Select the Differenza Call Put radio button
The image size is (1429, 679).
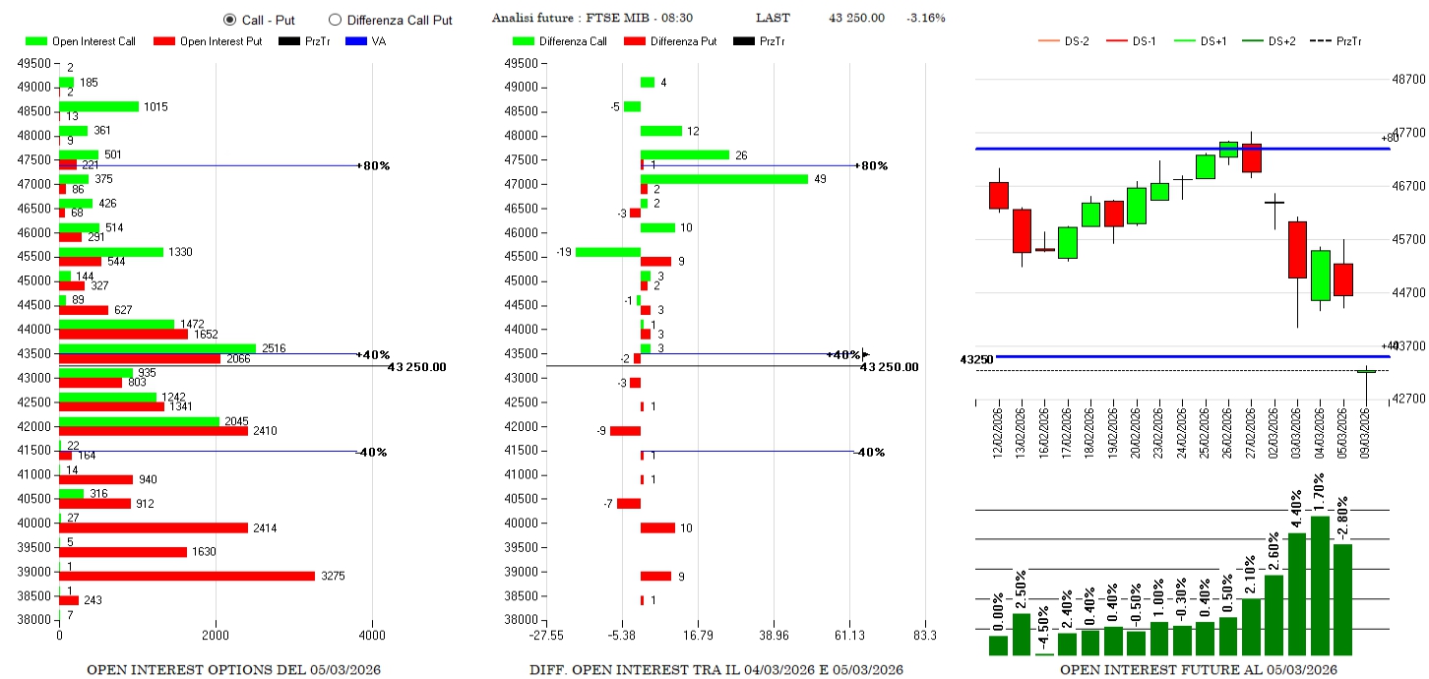pos(335,20)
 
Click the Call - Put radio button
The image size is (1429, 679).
pos(229,20)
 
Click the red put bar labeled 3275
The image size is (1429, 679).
pos(187,576)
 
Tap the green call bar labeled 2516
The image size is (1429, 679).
pos(157,348)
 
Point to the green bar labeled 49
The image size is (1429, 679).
pos(724,179)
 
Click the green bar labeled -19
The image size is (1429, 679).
pos(608,252)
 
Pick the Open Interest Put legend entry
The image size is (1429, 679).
pos(206,41)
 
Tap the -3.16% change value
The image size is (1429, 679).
pos(926,19)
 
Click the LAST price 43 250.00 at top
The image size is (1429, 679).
pos(856,19)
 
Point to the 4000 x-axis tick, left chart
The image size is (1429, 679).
pos(373,636)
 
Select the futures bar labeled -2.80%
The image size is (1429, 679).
pos(1343,598)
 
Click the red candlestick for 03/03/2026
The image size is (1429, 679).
pos(1297,250)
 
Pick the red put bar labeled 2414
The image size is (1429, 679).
pos(154,527)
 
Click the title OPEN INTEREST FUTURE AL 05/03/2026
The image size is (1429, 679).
pos(1198,670)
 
